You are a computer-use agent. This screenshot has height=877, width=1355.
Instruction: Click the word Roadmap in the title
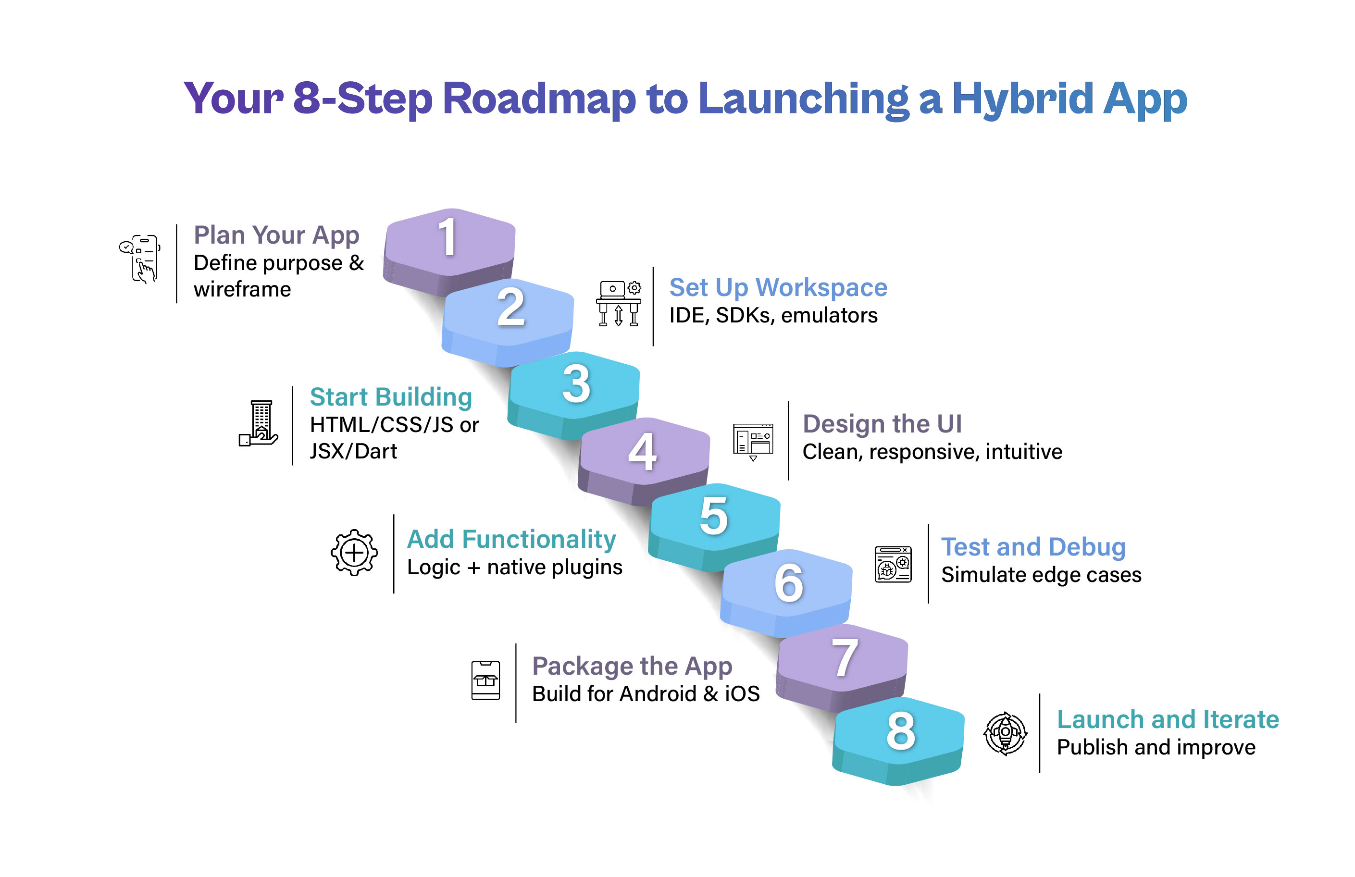coord(538,99)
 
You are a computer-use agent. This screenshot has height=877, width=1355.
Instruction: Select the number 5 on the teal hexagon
coord(713,516)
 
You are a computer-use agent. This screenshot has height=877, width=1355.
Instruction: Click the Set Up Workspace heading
coord(778,287)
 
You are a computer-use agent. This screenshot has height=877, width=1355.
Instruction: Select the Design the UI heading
coord(882,424)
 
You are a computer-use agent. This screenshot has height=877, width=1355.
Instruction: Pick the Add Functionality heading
coord(511,539)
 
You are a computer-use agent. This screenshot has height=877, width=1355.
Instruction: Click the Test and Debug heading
coord(1033,547)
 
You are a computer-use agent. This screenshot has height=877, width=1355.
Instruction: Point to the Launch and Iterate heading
coord(1168,719)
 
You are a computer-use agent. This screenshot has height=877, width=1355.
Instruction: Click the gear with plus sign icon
coord(354,553)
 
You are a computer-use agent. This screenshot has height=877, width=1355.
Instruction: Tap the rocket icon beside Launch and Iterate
coord(1006,734)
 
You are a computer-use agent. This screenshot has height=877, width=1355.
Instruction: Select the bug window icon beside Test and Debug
coord(893,564)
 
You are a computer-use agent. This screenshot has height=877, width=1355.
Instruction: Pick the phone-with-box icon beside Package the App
coord(485,680)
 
